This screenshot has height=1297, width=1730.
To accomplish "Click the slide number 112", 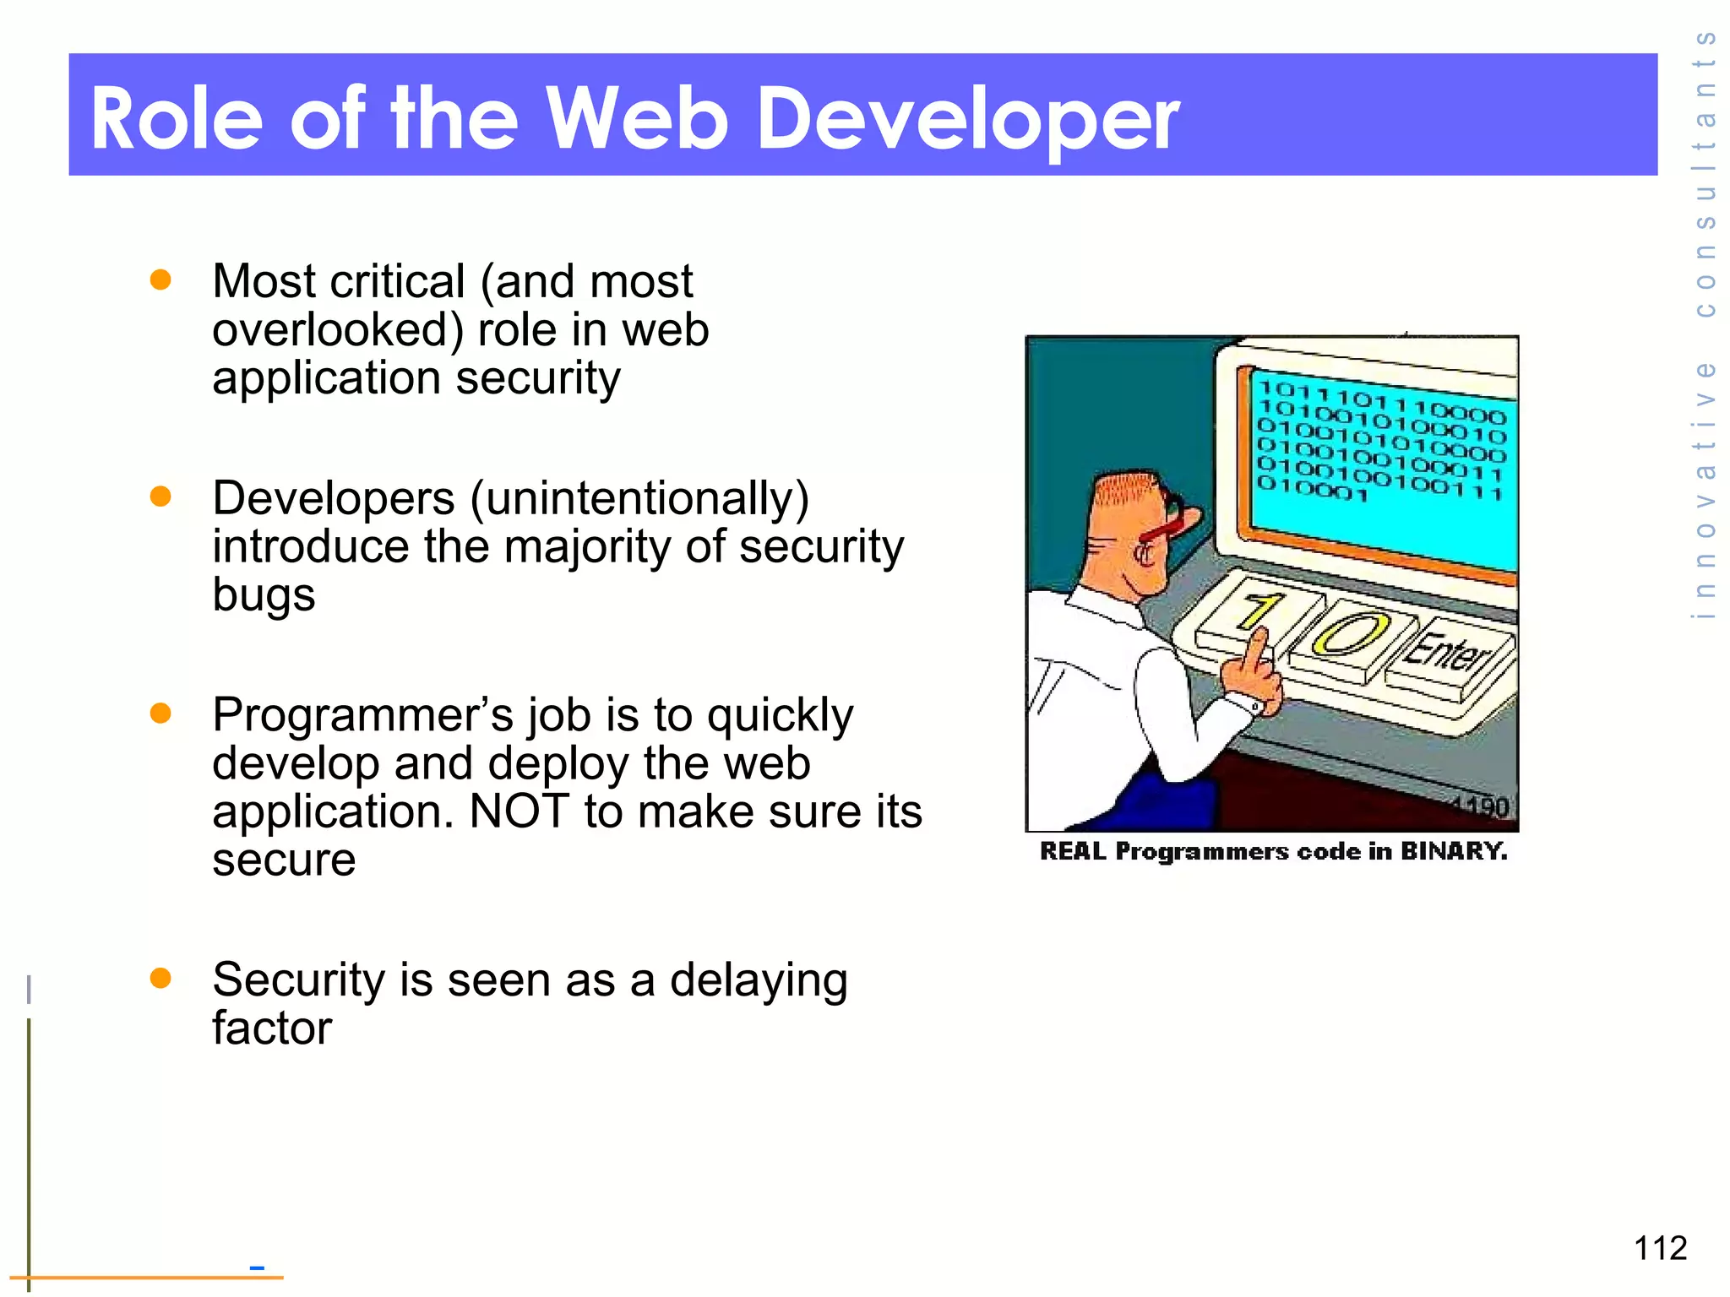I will click(x=1660, y=1248).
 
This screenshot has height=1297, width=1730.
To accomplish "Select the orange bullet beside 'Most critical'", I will click(x=160, y=279).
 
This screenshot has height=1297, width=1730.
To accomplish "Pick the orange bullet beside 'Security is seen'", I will click(x=160, y=978).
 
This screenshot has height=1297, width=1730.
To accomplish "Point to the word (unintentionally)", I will click(x=639, y=498).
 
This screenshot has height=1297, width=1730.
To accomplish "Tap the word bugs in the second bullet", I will click(x=264, y=594).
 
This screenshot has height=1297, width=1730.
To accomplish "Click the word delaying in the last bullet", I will click(x=758, y=981).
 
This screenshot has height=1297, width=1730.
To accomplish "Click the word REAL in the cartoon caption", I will click(x=1073, y=850).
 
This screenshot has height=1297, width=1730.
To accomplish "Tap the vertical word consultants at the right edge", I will click(x=1705, y=173).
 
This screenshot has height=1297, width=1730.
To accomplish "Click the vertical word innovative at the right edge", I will click(x=1705, y=490).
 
